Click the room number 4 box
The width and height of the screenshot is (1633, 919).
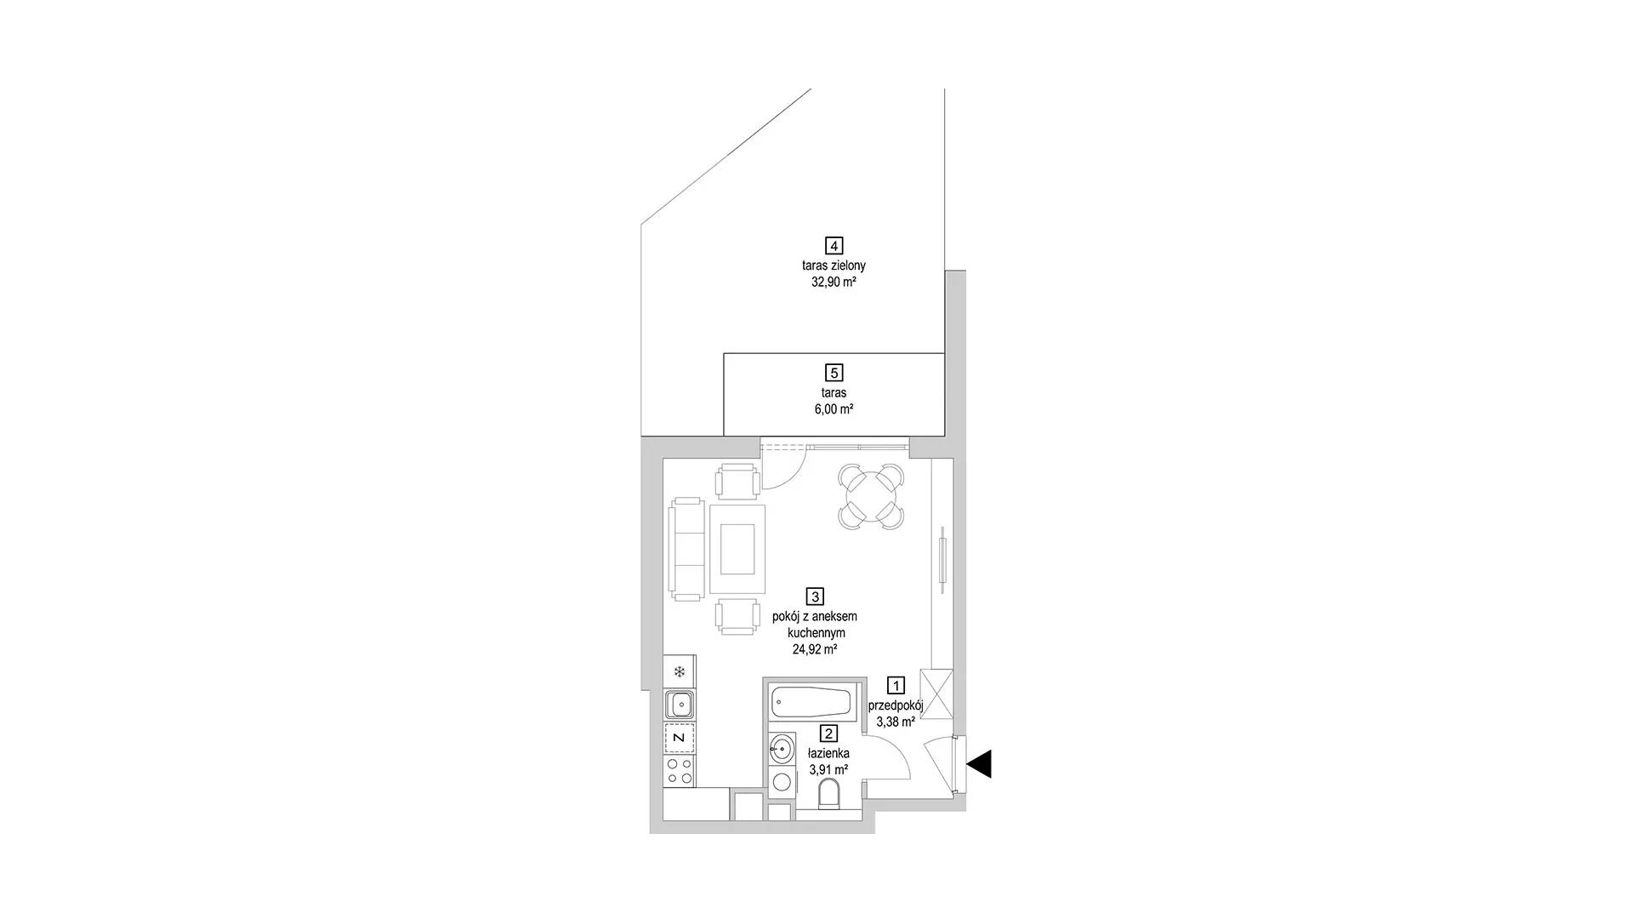[834, 246]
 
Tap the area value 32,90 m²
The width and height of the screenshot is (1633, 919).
[834, 283]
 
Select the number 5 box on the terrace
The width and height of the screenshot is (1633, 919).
[834, 373]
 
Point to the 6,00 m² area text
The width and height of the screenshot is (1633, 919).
[834, 409]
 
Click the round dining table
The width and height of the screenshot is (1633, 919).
[870, 496]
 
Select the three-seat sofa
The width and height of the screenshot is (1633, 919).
[687, 549]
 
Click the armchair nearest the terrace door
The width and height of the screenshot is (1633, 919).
[737, 482]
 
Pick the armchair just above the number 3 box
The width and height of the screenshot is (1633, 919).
[737, 616]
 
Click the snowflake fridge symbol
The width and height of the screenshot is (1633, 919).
[680, 672]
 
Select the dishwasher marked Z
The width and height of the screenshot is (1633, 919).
[680, 738]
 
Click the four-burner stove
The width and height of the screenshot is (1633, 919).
[680, 772]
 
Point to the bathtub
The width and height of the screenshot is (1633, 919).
[811, 704]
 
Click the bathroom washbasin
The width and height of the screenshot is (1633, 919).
[782, 750]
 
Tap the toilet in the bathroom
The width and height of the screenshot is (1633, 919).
[828, 796]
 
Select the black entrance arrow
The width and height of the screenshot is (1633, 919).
[980, 763]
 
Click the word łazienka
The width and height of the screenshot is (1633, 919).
[828, 753]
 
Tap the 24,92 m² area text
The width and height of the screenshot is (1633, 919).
[815, 648]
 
